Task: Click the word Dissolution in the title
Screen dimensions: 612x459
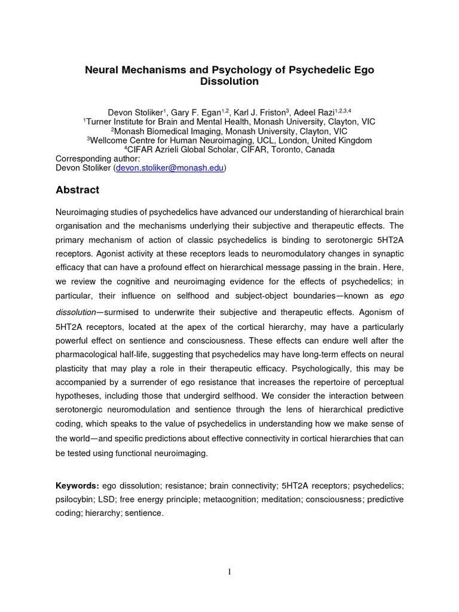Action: point(229,81)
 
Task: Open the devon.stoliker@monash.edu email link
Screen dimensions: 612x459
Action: point(170,169)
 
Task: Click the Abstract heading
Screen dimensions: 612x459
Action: point(77,190)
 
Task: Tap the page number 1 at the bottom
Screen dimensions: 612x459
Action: point(229,572)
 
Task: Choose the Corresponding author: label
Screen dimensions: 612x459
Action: point(97,159)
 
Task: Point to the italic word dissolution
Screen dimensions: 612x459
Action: point(76,312)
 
